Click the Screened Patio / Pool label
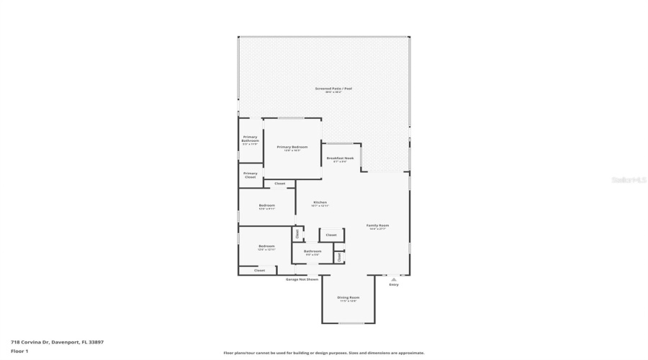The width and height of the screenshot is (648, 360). coord(323,89)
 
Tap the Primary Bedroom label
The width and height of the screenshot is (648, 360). coord(292,147)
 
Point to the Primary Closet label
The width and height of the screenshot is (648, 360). coord(250,175)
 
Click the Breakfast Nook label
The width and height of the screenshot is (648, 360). coord(340,158)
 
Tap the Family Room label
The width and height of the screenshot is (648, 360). coord(377,225)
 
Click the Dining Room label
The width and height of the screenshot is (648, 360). coord(348,297)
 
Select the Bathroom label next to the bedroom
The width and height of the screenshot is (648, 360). coord(312,251)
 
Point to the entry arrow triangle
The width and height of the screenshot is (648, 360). coord(393,279)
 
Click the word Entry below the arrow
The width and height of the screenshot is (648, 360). coord(393,285)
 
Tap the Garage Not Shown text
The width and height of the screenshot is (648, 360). coord(302,279)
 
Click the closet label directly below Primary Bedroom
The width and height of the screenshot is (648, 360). coord(279,184)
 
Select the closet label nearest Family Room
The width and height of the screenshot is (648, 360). coord(331,235)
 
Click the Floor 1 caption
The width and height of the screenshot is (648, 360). coord(19,351)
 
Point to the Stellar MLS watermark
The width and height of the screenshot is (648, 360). coord(629,180)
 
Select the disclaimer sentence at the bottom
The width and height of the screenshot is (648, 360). coord(323,354)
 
